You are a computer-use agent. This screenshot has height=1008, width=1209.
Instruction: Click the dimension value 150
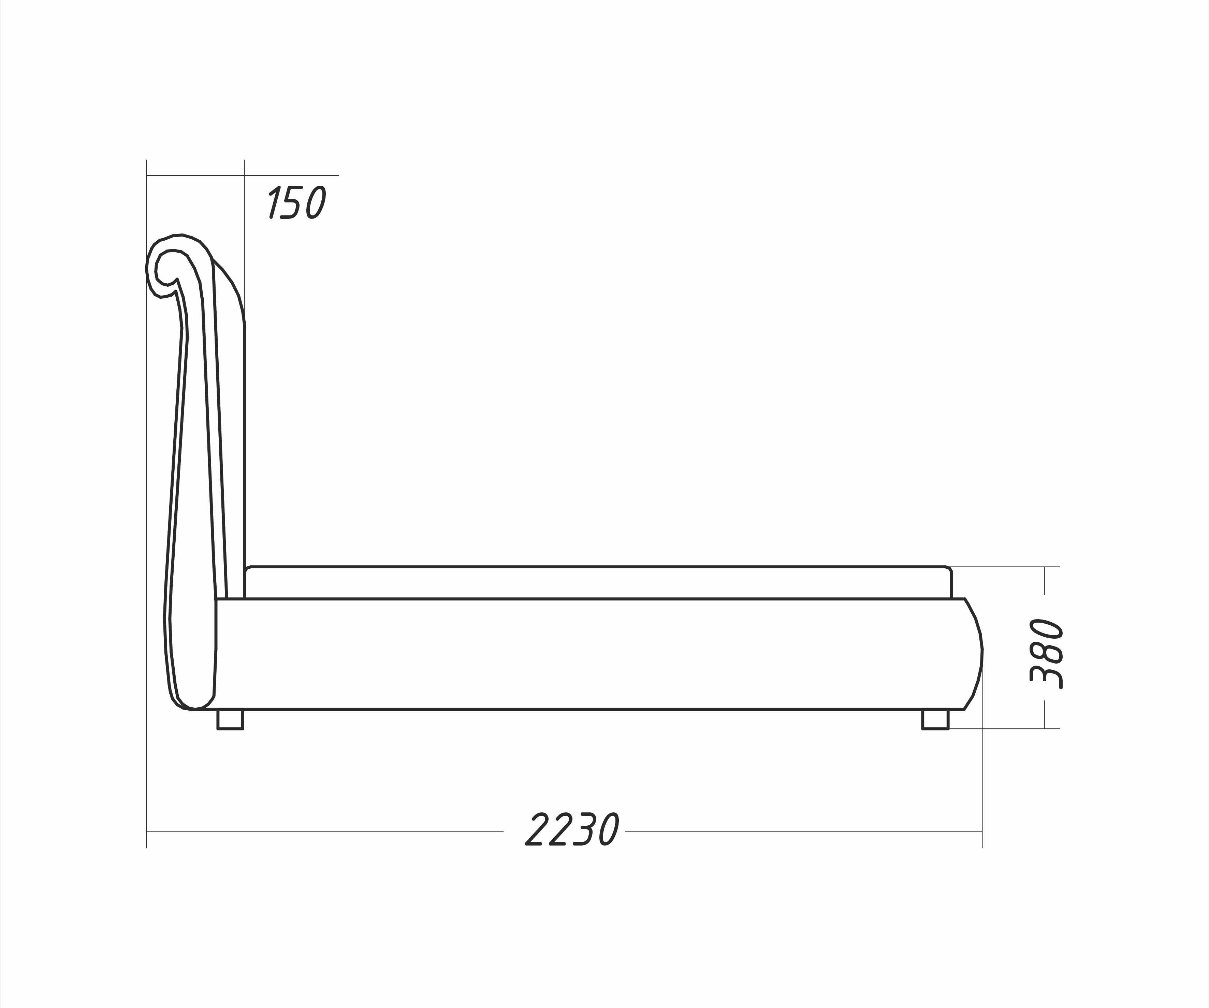[297, 202]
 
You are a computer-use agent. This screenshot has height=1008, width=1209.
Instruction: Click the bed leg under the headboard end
[230, 720]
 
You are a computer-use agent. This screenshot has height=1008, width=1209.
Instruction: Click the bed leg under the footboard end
[935, 720]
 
